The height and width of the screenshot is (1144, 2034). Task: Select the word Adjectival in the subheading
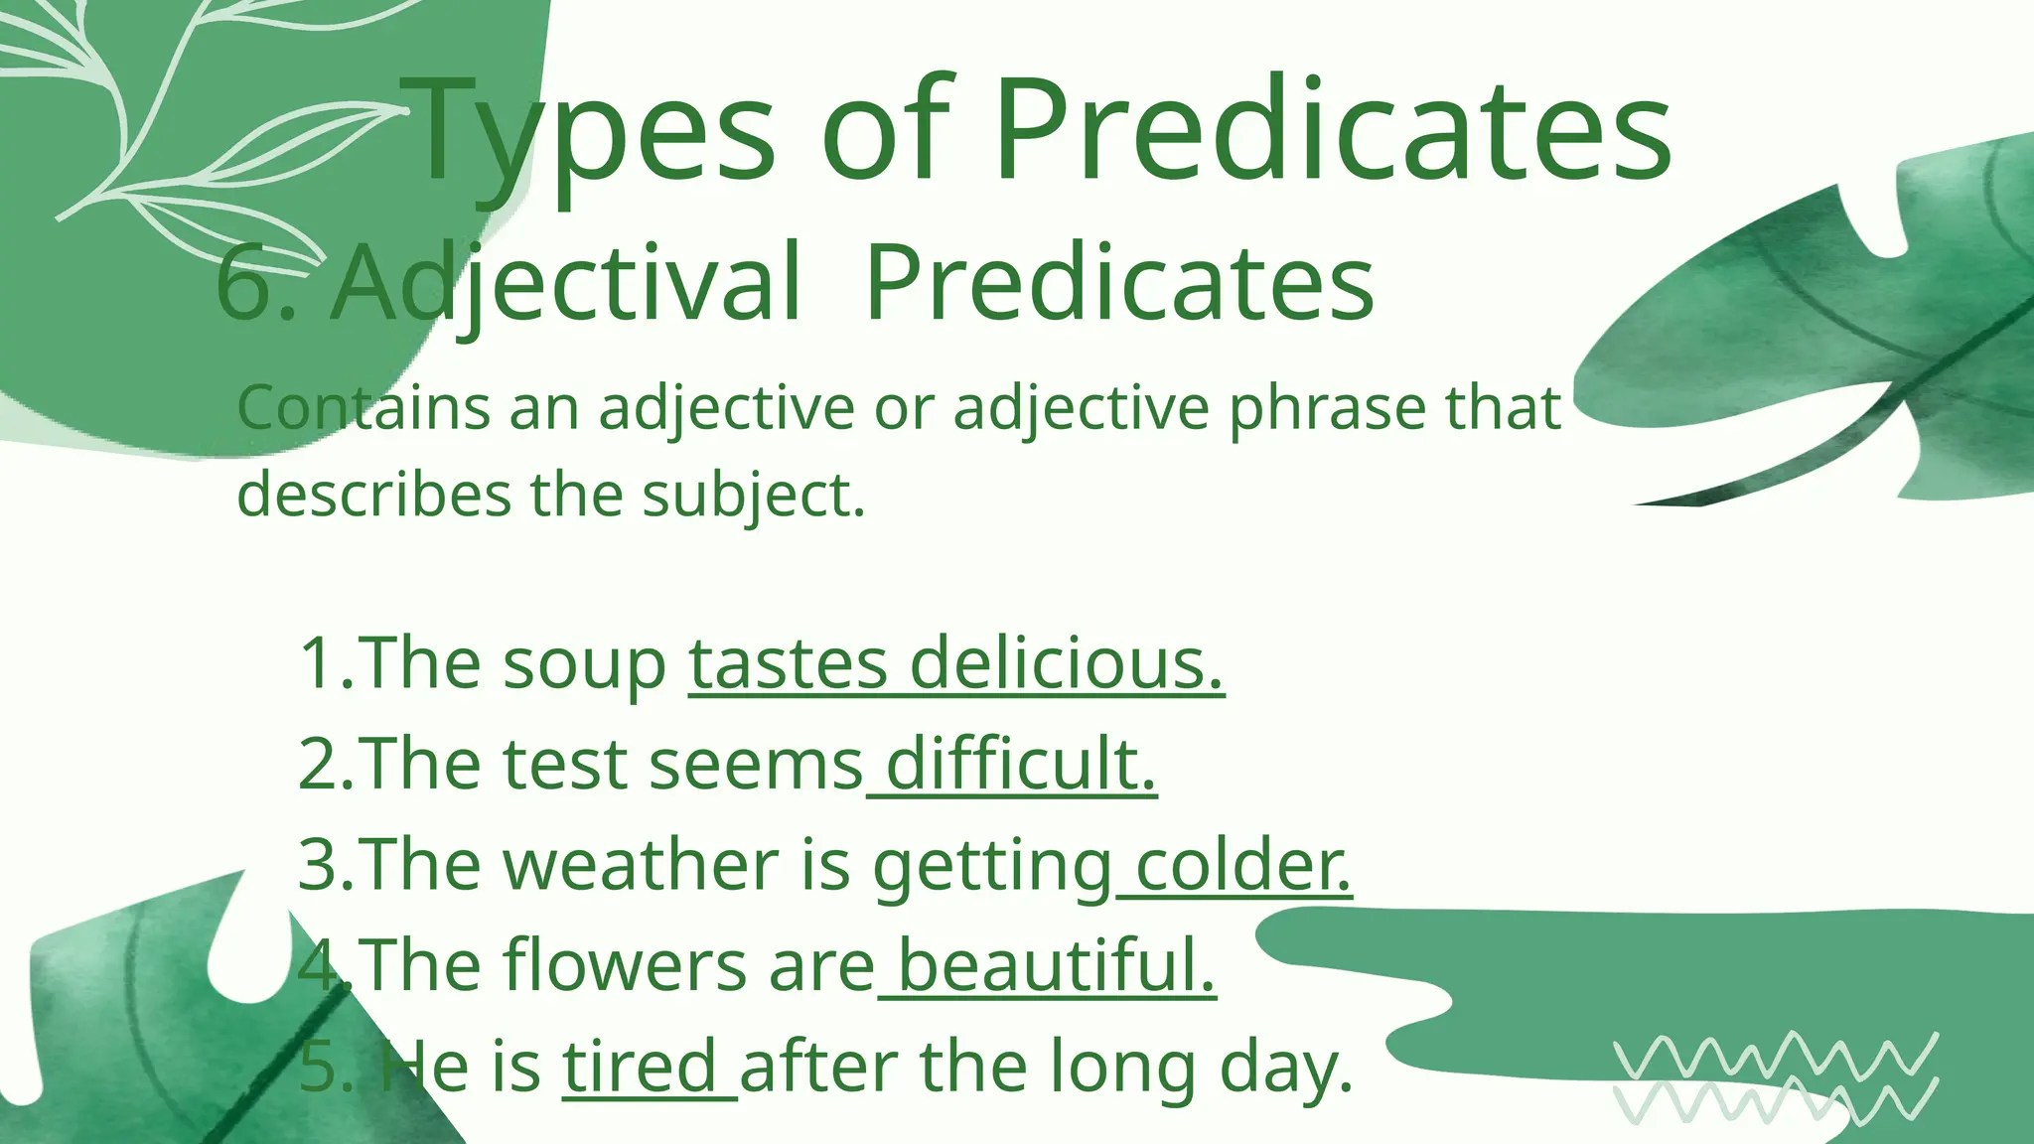pyautogui.click(x=566, y=285)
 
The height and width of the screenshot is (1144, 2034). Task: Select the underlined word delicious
pyautogui.click(x=1066, y=663)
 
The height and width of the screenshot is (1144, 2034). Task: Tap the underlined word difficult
pyautogui.click(x=1021, y=765)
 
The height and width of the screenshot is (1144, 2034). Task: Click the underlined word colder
pyautogui.click(x=1242, y=865)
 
